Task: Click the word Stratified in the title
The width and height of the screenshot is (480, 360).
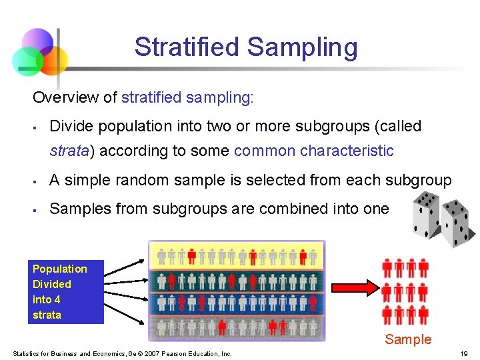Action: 186,47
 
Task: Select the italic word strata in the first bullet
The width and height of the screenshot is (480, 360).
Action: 69,151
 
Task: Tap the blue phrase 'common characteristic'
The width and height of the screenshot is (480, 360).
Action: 313,151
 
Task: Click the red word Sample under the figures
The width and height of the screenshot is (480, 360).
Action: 408,339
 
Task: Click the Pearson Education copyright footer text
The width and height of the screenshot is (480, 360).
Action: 122,353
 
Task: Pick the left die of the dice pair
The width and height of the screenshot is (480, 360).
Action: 425,213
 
